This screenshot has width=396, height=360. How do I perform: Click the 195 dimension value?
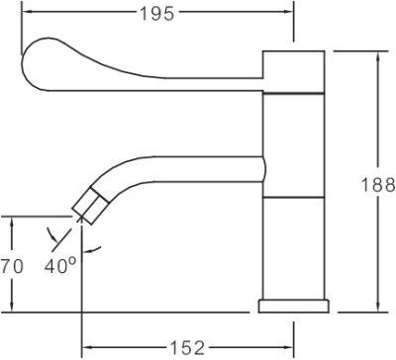[x=157, y=14]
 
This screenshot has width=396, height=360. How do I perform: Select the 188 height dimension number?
[x=378, y=185]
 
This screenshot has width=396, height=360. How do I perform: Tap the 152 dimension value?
[x=187, y=347]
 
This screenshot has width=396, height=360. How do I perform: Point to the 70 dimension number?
[x=12, y=266]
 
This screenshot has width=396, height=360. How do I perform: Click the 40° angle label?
[x=60, y=266]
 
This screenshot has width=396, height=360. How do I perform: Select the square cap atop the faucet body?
[x=294, y=71]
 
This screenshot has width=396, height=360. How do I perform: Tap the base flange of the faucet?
[x=294, y=306]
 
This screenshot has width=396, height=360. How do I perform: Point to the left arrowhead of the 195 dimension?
[x=27, y=12]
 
